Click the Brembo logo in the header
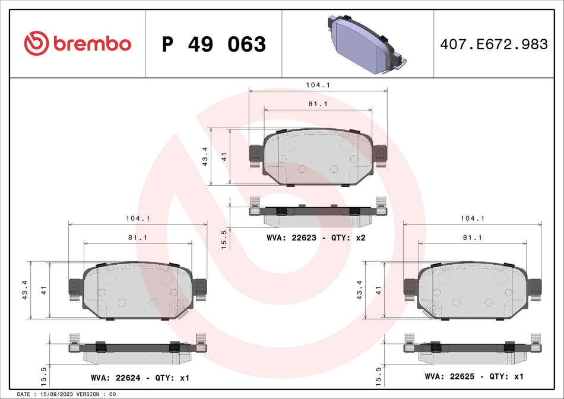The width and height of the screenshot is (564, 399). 77,43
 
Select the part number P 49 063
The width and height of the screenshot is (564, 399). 214,44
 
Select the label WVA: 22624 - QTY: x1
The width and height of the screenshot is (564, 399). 140,377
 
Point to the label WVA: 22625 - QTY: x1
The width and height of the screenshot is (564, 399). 474,376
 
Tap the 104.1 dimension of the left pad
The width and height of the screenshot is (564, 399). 138,218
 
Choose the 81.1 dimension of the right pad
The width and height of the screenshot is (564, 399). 473,237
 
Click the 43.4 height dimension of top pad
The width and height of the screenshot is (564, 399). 205,157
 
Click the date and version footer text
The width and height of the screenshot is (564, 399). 66,394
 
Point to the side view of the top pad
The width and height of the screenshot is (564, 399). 318,213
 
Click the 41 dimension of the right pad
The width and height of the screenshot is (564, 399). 379,290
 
